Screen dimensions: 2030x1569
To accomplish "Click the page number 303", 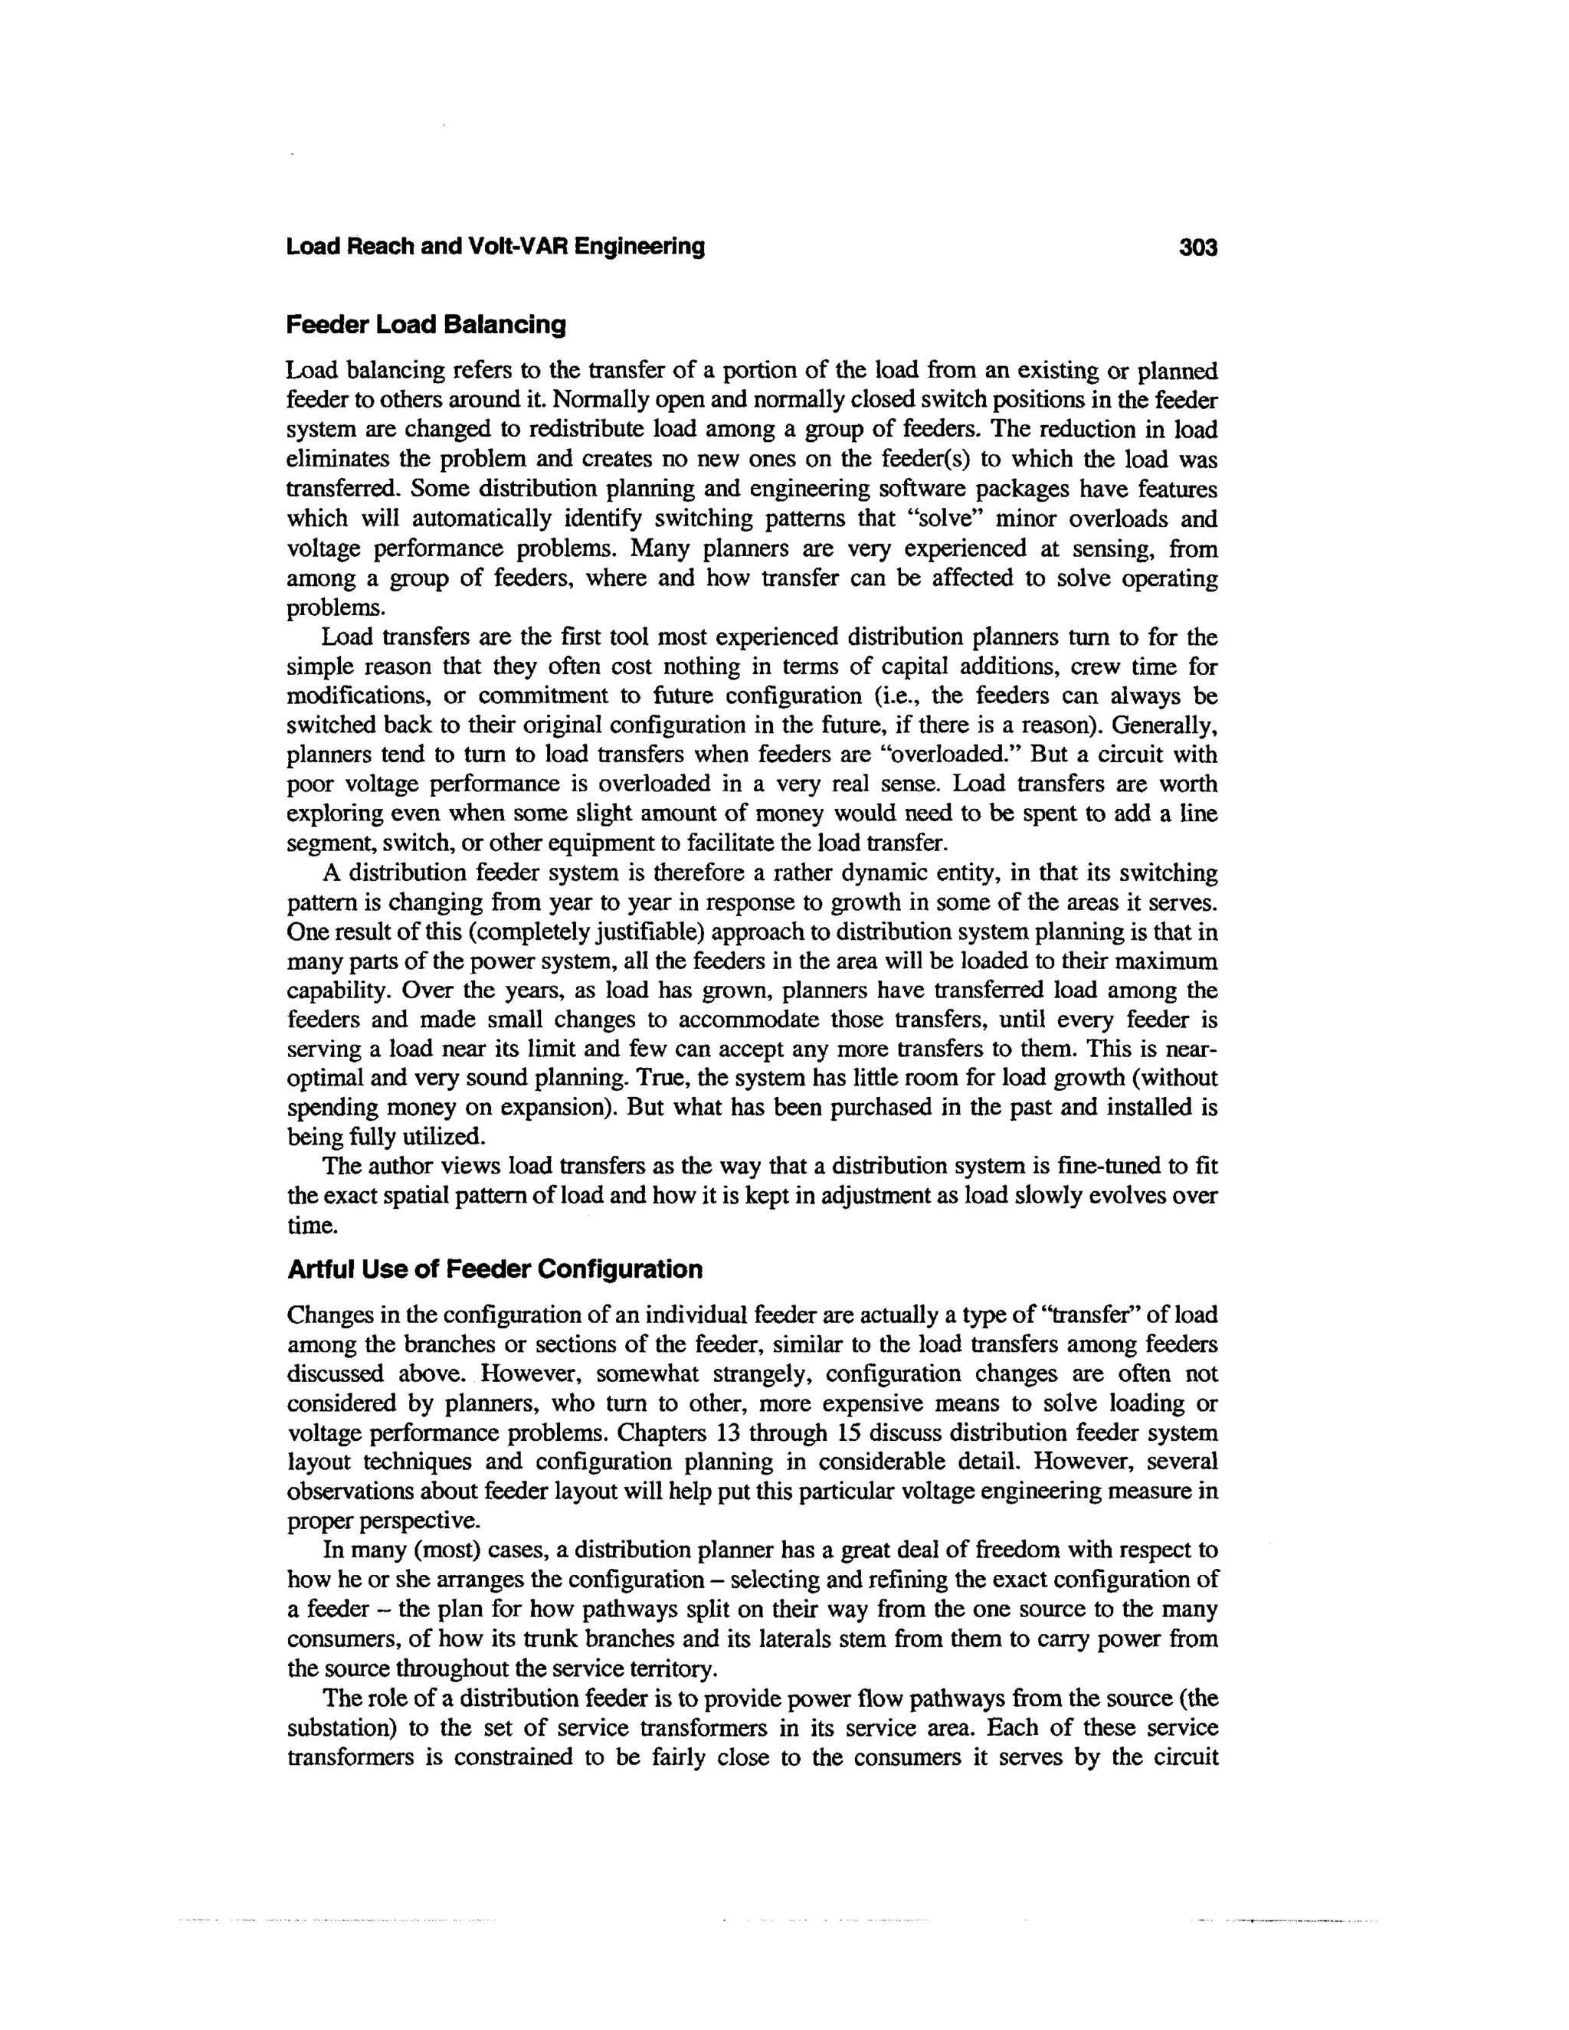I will [x=1197, y=247].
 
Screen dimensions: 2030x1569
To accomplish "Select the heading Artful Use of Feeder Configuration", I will [x=494, y=1269].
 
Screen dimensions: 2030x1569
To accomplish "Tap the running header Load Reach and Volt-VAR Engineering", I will [x=496, y=247].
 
